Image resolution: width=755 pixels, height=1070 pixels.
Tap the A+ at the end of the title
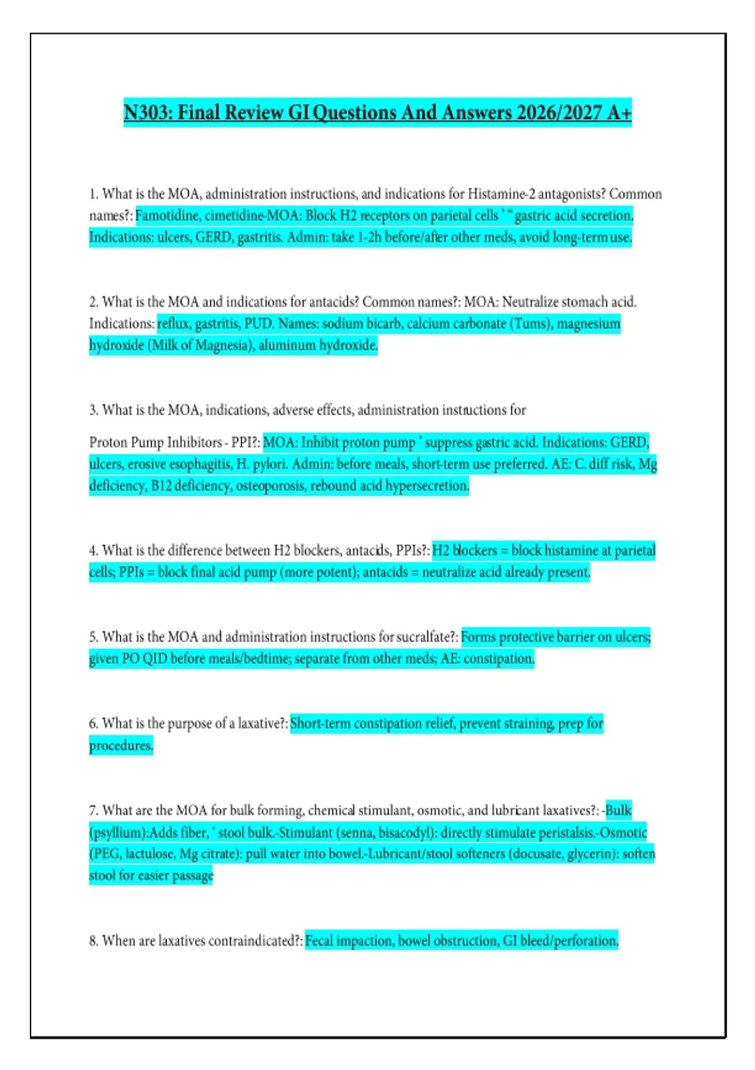point(619,113)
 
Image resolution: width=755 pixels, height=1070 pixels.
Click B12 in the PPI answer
point(161,486)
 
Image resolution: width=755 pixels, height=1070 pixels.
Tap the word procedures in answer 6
point(120,746)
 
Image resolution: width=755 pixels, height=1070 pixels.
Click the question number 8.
point(94,941)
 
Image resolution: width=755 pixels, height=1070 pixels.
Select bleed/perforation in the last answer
point(569,941)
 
